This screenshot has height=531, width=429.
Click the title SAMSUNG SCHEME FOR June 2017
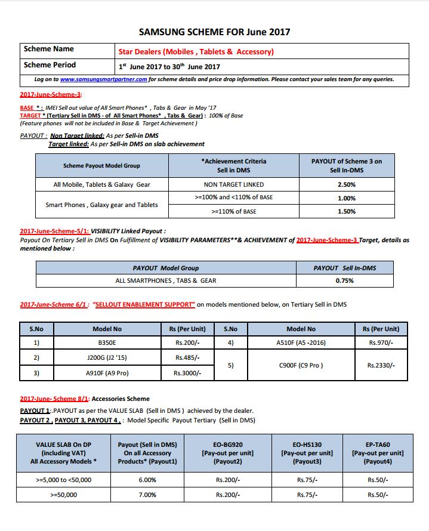(x=214, y=32)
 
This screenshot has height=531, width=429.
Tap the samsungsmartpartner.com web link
(x=103, y=79)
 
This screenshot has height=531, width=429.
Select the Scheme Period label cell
(x=50, y=65)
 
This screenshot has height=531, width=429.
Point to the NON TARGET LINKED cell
(x=233, y=185)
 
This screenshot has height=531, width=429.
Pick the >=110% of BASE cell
(x=233, y=211)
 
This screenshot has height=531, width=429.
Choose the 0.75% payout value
(x=345, y=280)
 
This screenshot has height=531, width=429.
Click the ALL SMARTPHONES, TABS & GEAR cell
(x=166, y=280)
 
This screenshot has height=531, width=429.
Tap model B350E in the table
(x=107, y=343)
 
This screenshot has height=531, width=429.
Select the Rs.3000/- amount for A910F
(x=187, y=373)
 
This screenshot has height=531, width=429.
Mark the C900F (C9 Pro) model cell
(x=301, y=365)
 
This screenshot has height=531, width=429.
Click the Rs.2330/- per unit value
(x=381, y=365)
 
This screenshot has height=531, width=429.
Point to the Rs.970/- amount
(x=381, y=343)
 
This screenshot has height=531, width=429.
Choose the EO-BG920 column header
(x=227, y=453)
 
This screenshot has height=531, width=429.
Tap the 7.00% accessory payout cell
(x=147, y=495)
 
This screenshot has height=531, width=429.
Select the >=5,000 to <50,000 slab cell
(x=64, y=480)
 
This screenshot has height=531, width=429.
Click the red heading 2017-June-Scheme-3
(x=51, y=95)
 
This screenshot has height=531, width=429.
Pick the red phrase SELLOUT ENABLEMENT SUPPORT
(x=144, y=305)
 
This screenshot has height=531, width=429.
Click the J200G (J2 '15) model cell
(x=107, y=358)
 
